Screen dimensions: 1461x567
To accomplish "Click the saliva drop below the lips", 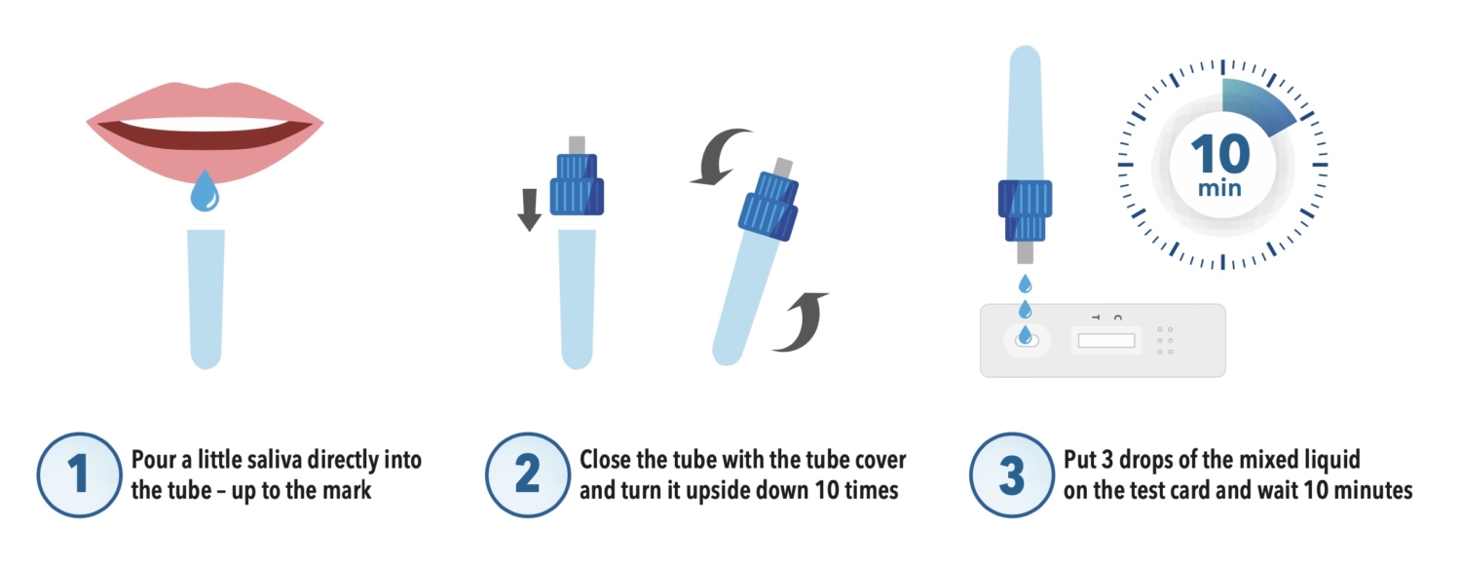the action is tap(205, 191).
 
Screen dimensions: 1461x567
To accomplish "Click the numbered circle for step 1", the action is tap(79, 474).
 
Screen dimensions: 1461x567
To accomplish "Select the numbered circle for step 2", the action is tap(527, 474).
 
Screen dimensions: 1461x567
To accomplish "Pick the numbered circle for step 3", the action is tap(1012, 474).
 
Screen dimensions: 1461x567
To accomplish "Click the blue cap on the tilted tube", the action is tap(768, 206).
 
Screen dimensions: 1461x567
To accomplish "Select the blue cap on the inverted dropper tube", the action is tap(1026, 210).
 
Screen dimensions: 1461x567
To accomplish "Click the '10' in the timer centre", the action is tap(1220, 154).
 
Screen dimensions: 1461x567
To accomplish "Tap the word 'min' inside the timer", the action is tap(1219, 189).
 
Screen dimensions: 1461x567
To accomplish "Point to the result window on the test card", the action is tap(1106, 340).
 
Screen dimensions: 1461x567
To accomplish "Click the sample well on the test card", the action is tap(1026, 339).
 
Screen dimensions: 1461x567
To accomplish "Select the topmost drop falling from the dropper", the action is tap(1026, 283).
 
